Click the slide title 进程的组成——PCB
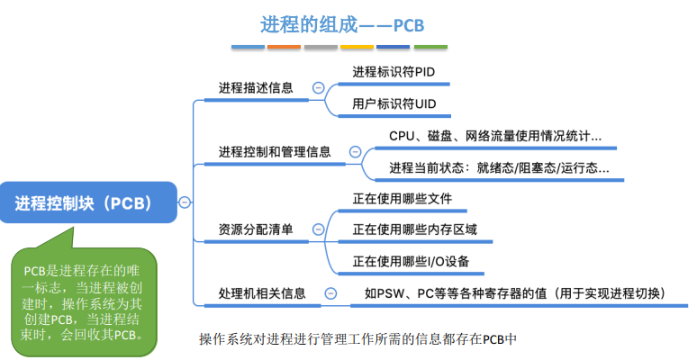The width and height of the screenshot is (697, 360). (342, 25)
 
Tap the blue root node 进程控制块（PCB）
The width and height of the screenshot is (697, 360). (88, 202)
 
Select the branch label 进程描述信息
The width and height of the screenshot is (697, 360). (256, 87)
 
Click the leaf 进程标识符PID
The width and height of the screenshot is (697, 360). (394, 72)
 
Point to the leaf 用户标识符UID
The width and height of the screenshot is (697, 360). (394, 104)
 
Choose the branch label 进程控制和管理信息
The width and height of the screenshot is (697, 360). (275, 152)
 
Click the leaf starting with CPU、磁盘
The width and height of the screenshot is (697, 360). (495, 136)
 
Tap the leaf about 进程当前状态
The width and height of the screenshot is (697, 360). (499, 168)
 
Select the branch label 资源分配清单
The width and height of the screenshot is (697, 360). (256, 229)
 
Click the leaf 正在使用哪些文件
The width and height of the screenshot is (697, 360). (403, 199)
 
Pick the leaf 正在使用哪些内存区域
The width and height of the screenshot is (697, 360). (415, 229)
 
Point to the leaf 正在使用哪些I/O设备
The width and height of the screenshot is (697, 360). (411, 261)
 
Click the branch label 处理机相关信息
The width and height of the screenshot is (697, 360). (262, 293)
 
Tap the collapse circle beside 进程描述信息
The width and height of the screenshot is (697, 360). (318, 88)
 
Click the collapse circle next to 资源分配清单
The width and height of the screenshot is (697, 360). (318, 229)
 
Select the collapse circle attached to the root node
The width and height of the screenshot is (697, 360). (185, 202)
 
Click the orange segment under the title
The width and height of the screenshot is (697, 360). (284, 47)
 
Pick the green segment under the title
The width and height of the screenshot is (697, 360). (430, 47)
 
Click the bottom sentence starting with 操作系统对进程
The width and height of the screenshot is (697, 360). (358, 339)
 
